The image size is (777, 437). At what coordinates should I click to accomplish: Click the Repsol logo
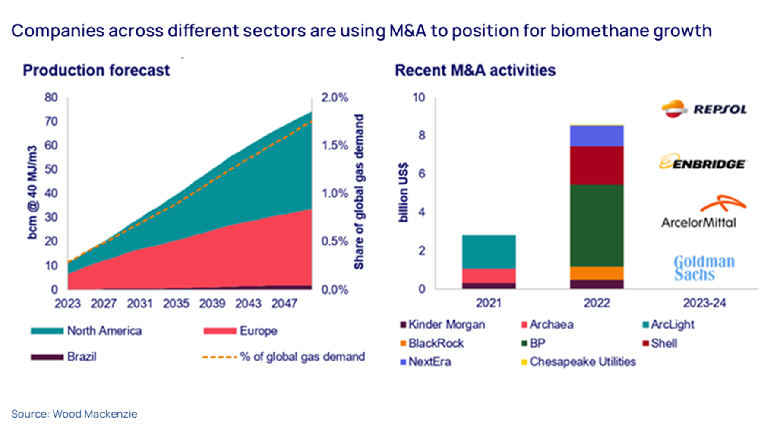tap(704, 109)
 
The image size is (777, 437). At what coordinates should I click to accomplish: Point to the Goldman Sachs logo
tap(704, 268)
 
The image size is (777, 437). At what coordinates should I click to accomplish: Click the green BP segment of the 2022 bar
tap(597, 225)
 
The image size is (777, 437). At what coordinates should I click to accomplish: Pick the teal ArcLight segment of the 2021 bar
tap(489, 252)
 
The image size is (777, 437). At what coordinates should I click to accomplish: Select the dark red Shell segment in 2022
tap(597, 165)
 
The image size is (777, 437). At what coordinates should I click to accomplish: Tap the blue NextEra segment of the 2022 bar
tap(597, 136)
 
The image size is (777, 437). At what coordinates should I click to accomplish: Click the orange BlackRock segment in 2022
tap(597, 273)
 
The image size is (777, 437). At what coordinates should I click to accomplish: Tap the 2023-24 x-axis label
tap(704, 303)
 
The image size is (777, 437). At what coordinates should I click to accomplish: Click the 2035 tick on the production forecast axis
tap(176, 304)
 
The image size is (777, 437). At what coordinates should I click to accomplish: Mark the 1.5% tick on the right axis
tap(335, 146)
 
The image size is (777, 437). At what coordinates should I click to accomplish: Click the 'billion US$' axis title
tap(403, 193)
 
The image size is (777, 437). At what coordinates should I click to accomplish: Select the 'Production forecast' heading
tap(96, 70)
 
